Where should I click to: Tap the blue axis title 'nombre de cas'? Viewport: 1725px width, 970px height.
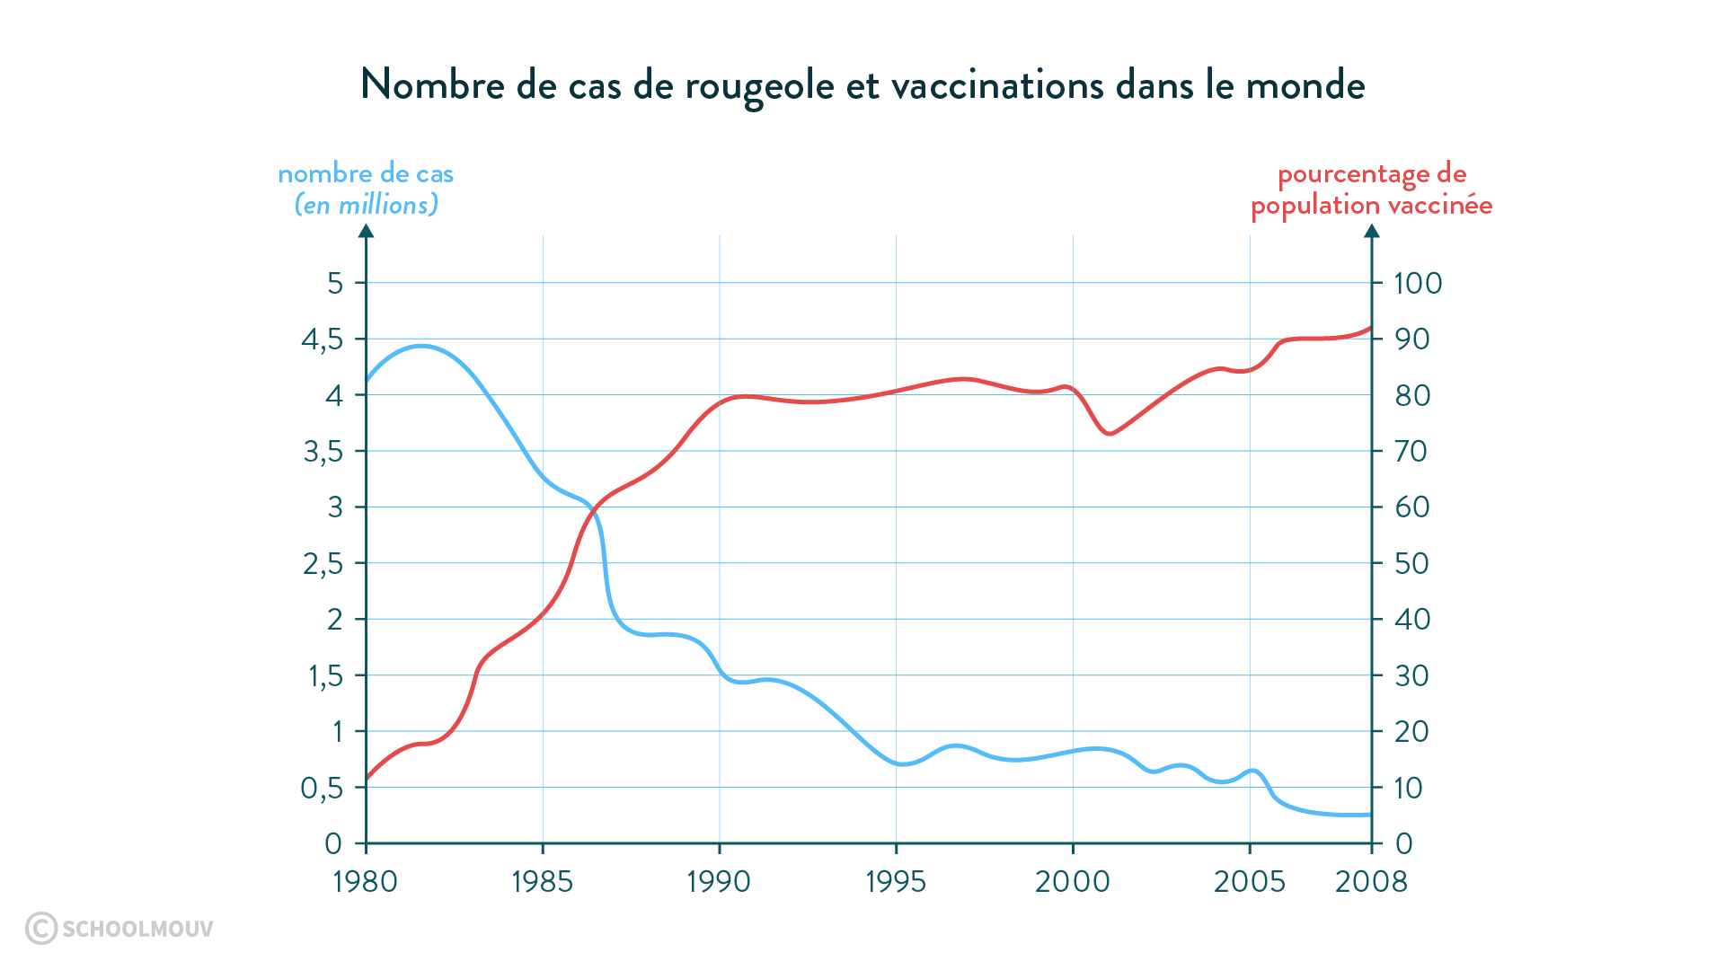coord(366,174)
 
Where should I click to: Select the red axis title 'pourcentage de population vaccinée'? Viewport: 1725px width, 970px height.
coord(1371,190)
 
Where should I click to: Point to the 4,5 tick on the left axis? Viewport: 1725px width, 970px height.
coord(322,339)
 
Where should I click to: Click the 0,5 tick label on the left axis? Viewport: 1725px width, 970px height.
coord(322,789)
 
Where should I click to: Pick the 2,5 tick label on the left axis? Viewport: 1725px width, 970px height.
coord(323,564)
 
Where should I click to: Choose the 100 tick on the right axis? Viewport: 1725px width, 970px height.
coord(1417,284)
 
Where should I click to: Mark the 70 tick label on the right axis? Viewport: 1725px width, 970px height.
coord(1411,452)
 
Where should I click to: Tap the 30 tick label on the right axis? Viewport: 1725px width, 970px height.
coord(1411,676)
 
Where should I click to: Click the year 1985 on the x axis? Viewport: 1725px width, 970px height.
coord(542,882)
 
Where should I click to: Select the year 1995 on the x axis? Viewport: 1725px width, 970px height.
coord(895,882)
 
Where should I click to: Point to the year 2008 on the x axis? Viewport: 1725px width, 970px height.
coord(1371,882)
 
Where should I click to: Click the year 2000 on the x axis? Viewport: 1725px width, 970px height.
coord(1072,882)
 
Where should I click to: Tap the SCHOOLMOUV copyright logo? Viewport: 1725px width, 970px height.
coord(119,928)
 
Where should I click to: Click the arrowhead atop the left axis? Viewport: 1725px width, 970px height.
coord(366,232)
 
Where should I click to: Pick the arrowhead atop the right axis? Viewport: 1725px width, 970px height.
coord(1371,232)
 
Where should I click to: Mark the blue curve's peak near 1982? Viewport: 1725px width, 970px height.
coord(420,346)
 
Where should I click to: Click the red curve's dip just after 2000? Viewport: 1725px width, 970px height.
coord(1110,434)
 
